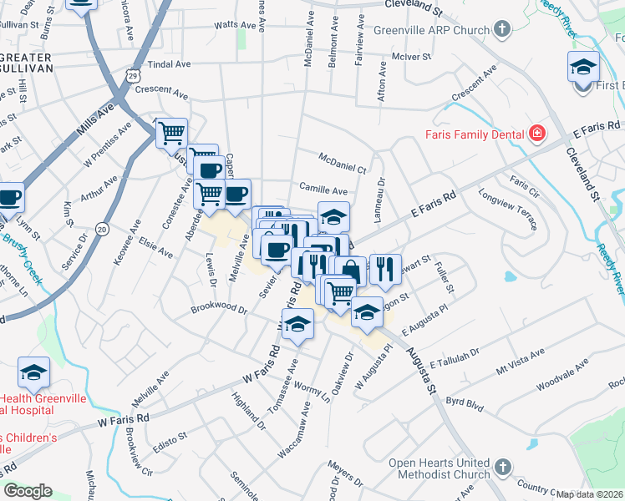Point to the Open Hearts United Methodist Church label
coord(440,469)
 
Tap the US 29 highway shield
coord(133,76)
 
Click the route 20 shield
coord(102,229)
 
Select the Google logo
coord(28,491)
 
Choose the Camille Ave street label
coord(323,190)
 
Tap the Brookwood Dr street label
coord(219,310)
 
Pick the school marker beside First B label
coord(584,67)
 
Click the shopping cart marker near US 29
coord(171,133)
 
